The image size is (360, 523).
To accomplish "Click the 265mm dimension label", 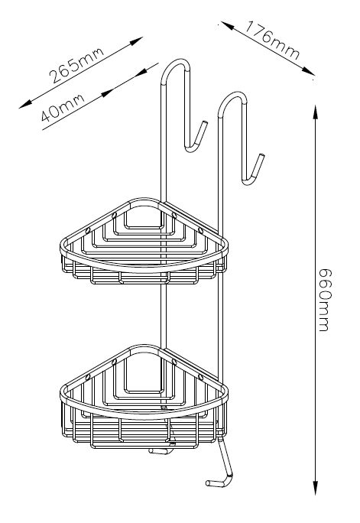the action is (x=76, y=65).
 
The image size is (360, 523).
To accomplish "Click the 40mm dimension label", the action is (x=63, y=107).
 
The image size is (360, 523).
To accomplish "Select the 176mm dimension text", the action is (x=272, y=41).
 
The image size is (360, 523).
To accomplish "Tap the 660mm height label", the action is (x=325, y=300).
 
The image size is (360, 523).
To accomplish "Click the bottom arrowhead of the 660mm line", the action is (x=316, y=489).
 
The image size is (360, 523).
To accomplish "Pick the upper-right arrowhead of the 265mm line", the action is (x=136, y=41).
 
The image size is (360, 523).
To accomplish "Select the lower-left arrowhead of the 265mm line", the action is (x=26, y=104).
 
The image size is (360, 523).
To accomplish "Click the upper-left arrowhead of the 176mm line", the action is (x=228, y=25).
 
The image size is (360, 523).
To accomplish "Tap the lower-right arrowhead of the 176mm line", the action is (x=307, y=71).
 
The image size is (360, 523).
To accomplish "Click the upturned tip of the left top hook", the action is (x=204, y=123).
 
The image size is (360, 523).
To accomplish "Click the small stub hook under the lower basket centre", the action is (x=160, y=451).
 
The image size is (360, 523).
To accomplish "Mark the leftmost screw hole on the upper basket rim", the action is (x=88, y=230).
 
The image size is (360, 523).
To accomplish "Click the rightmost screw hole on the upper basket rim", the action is (x=201, y=230).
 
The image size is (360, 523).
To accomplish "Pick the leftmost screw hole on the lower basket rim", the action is (x=88, y=377).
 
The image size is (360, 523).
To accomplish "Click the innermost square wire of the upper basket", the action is (x=144, y=228).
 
